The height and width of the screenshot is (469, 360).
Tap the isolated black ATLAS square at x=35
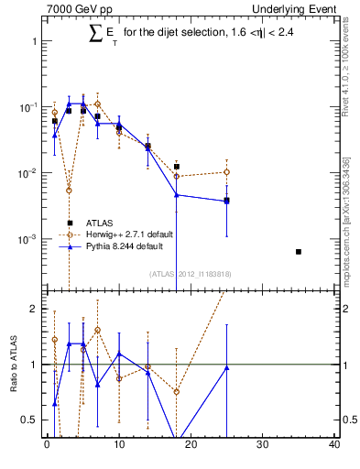[299, 251]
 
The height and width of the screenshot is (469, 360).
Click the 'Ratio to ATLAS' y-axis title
[14, 364]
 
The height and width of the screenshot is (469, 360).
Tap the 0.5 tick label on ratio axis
[28, 420]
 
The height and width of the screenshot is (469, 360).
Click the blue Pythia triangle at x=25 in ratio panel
[226, 367]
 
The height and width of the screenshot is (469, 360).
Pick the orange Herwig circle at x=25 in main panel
[226, 172]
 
